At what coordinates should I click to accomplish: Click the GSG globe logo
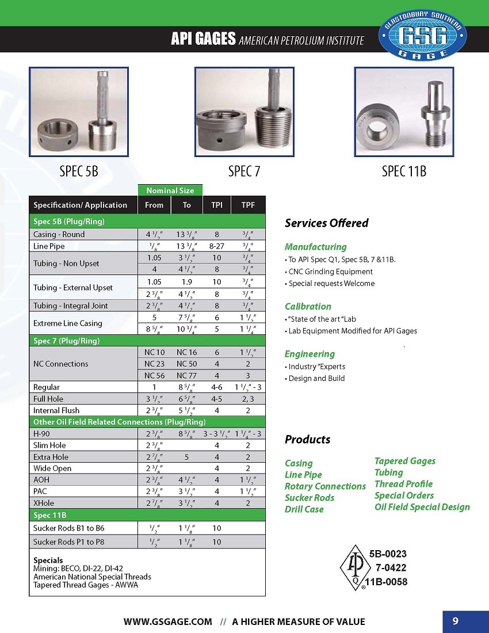tap(423, 35)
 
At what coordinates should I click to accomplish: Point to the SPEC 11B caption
tap(404, 171)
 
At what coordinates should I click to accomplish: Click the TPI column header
tap(216, 205)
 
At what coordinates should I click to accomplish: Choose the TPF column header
tap(248, 205)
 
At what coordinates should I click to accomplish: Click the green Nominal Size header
tap(170, 190)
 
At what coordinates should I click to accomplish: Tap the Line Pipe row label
tap(49, 246)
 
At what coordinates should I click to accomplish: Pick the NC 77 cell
tap(186, 375)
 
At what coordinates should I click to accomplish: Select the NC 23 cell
tap(154, 364)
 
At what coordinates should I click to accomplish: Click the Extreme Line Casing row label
tap(67, 323)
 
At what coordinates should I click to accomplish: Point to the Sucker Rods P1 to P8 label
tap(68, 542)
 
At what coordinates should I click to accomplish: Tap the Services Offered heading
tap(327, 223)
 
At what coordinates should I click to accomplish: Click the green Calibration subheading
tap(308, 306)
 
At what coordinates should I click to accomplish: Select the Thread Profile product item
tap(403, 484)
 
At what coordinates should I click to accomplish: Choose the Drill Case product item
tap(304, 509)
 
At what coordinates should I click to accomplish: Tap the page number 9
tap(455, 621)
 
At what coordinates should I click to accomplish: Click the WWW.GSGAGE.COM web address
tap(168, 621)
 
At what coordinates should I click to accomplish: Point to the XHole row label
tap(44, 503)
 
